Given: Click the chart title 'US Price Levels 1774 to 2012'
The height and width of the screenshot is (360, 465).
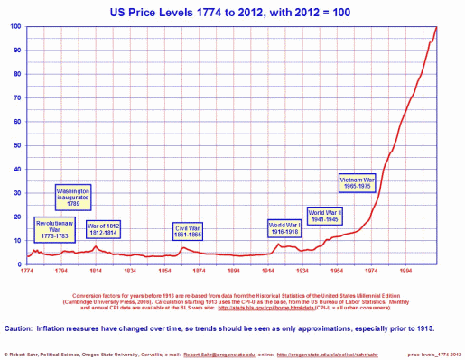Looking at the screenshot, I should tap(232, 11).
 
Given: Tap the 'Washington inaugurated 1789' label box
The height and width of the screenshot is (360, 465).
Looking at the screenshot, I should tap(74, 198).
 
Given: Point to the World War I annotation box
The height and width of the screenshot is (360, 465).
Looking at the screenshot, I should tap(289, 226).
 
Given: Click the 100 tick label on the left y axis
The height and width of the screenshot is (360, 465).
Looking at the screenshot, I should tap(16, 26).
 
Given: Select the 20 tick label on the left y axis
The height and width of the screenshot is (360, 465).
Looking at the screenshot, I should tap(18, 216).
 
